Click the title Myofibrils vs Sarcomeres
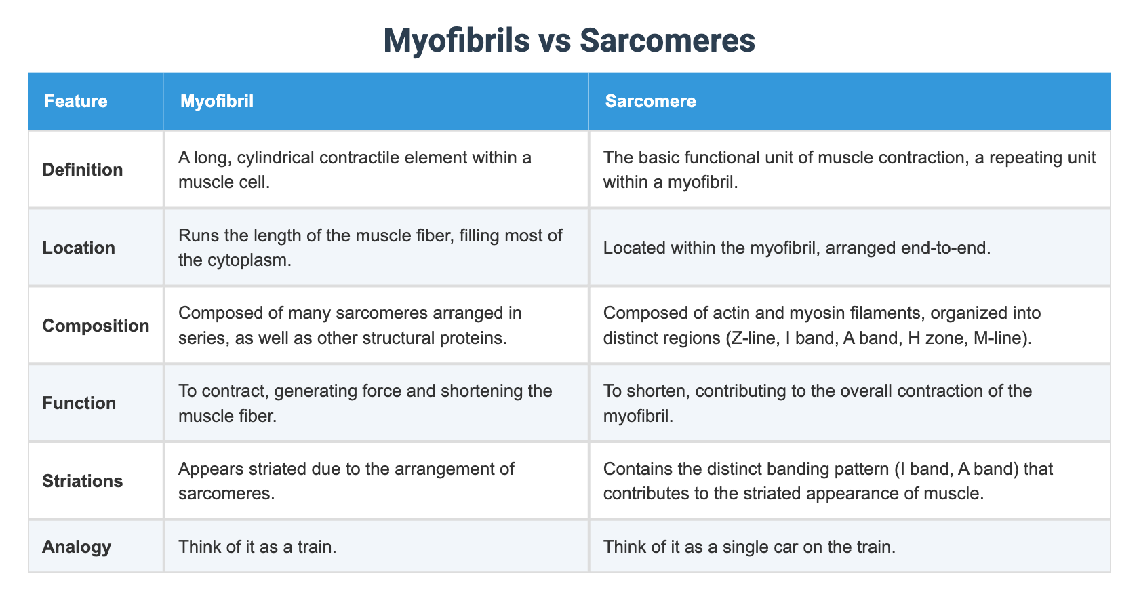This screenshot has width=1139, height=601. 569,40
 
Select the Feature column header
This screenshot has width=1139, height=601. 76,101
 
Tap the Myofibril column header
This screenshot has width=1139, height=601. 217,101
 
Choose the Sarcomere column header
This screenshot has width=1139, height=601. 650,101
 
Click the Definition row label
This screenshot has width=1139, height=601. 83,170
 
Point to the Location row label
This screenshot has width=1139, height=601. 79,248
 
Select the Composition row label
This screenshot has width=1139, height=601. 96,326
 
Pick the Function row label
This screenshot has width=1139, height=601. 79,403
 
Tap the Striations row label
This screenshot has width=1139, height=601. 83,481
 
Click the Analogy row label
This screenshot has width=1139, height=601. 77,547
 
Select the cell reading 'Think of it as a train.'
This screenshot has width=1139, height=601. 258,547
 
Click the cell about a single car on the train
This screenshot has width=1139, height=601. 749,547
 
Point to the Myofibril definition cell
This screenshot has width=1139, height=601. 355,170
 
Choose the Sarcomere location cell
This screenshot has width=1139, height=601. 797,248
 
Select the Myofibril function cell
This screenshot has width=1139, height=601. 365,403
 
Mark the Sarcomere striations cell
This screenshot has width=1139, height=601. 827,481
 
